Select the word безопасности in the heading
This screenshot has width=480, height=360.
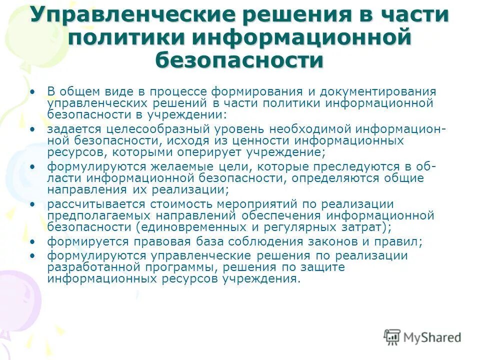(x=239, y=60)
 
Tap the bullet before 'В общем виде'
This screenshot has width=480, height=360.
(x=33, y=92)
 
